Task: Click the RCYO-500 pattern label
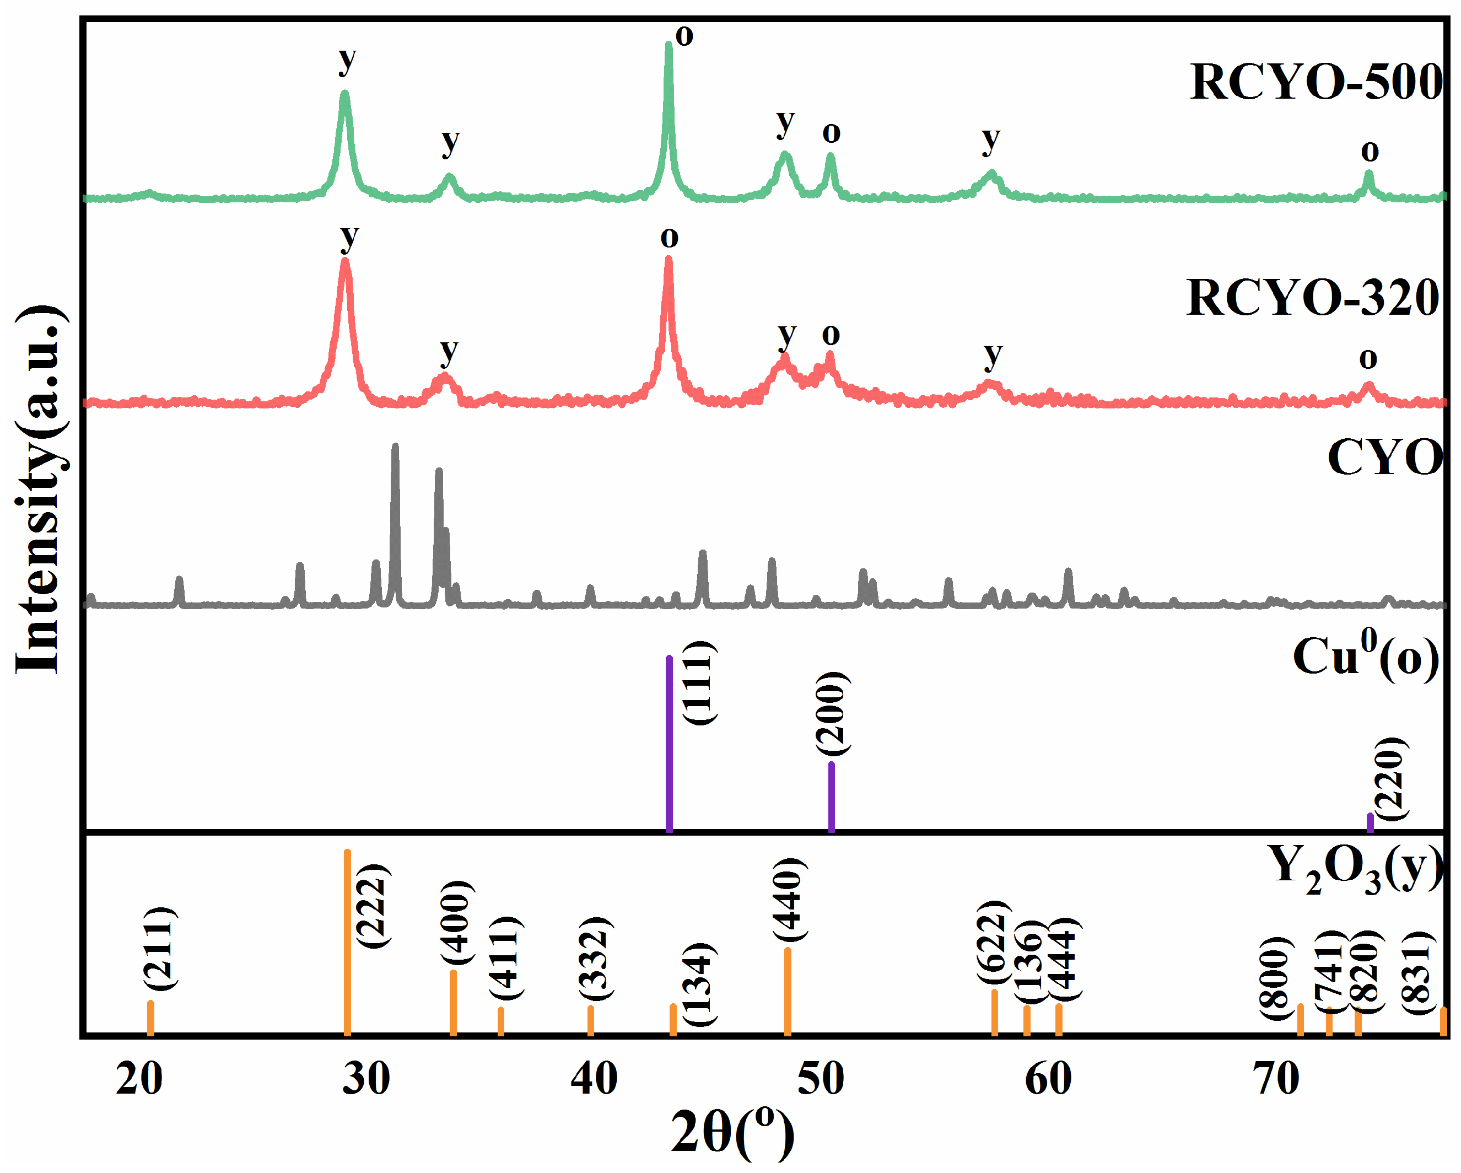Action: point(1316,82)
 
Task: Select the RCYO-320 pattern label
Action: point(1313,298)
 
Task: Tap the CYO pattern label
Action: point(1384,459)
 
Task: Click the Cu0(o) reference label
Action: point(1366,657)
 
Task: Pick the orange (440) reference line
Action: point(788,992)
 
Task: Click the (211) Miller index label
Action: point(160,948)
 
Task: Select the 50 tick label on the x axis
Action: point(821,1078)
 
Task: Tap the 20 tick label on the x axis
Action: point(139,1078)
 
